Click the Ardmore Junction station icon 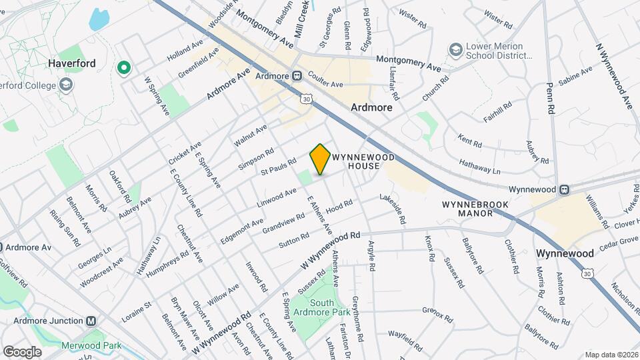point(91,321)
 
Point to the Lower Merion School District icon point(455,50)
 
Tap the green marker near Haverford point(123,67)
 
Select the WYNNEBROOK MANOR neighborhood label point(466,208)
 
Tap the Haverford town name point(72,63)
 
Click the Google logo point(22,351)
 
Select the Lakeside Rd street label point(393,209)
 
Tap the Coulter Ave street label point(325,84)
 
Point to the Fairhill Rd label point(498,112)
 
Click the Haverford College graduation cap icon point(66,85)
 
